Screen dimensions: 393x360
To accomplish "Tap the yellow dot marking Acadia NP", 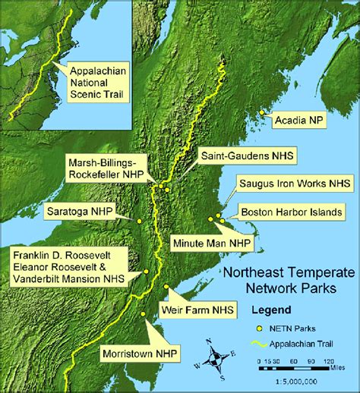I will coord(263,113).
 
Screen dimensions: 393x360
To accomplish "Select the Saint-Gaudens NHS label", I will coord(246,155).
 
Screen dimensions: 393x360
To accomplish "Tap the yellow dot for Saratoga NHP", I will coord(140,221).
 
